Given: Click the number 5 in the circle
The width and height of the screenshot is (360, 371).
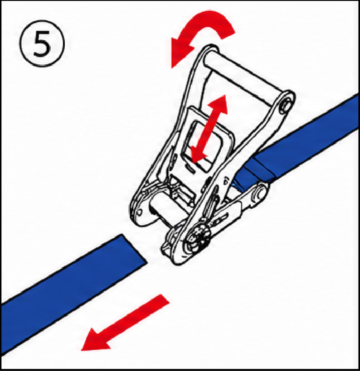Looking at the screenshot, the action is (x=42, y=44).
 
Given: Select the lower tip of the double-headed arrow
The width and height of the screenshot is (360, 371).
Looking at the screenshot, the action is (x=194, y=162).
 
